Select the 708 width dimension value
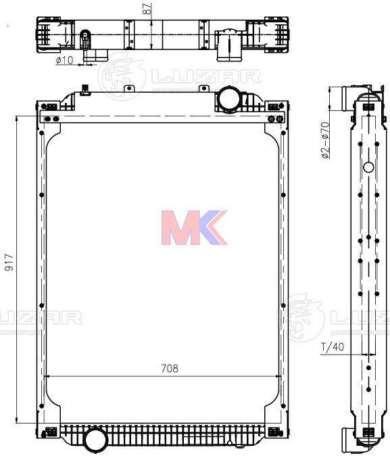pyautogui.click(x=169, y=369)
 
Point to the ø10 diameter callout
pyautogui.click(x=64, y=61)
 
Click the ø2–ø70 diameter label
pyautogui.click(x=325, y=140)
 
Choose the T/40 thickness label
pyautogui.click(x=332, y=348)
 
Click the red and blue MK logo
pyautogui.click(x=193, y=227)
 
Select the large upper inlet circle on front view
pyautogui.click(x=228, y=99)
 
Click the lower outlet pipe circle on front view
pyautogui.click(x=96, y=440)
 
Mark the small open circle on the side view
pyautogui.click(x=368, y=167)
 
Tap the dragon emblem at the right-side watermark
pyautogui.click(x=300, y=317)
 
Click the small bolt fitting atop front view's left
pyautogui.click(x=85, y=89)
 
